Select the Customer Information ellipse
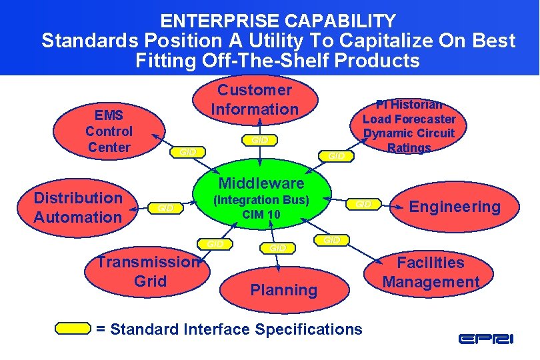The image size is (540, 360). coord(255,100)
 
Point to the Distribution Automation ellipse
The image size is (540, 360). coord(78,207)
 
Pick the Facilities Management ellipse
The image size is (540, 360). coord(431,273)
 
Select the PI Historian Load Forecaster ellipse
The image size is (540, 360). coord(409,126)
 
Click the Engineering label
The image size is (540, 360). coord(455,207)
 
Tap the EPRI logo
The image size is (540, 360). coord(485,339)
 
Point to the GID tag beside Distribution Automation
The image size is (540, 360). coord(165,208)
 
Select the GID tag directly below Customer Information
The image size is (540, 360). coord(259,140)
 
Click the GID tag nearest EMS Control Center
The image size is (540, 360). coord(189,152)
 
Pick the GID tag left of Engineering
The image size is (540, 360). coord(364,203)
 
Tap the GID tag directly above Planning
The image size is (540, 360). coord(277,247)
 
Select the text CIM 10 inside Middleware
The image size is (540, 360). coord(261,215)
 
